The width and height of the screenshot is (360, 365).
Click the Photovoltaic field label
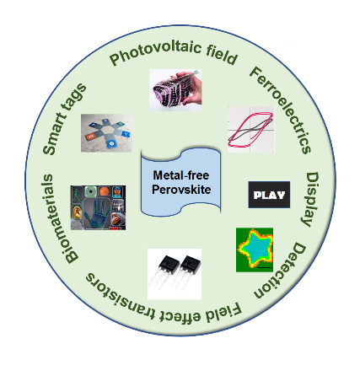coord(174,52)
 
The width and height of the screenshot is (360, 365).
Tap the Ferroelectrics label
coord(281,109)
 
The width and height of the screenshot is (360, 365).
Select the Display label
coord(311,199)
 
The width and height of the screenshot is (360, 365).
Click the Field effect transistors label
coord(163,302)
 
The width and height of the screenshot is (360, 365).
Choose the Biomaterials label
coord(56,218)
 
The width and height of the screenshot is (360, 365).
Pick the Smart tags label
coord(63,119)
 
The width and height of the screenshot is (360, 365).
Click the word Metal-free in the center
coord(181,175)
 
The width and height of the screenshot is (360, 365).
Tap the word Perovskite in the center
coord(181,190)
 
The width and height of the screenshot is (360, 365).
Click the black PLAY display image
coord(269,195)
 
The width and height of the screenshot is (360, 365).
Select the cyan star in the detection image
coord(255,247)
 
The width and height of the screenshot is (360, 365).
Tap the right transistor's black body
coord(191,265)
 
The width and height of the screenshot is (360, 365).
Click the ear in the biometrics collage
coord(77,213)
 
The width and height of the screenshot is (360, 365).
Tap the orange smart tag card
coord(90,137)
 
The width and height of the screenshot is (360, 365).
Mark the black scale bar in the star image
coord(265,268)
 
